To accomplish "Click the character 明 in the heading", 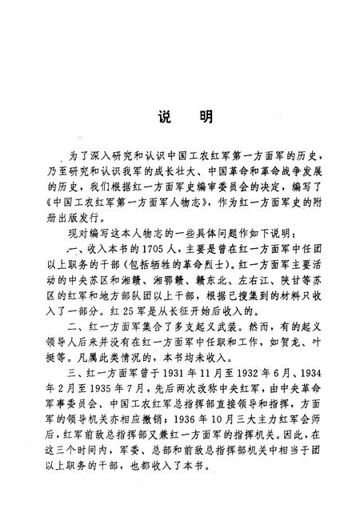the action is tap(205, 117).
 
